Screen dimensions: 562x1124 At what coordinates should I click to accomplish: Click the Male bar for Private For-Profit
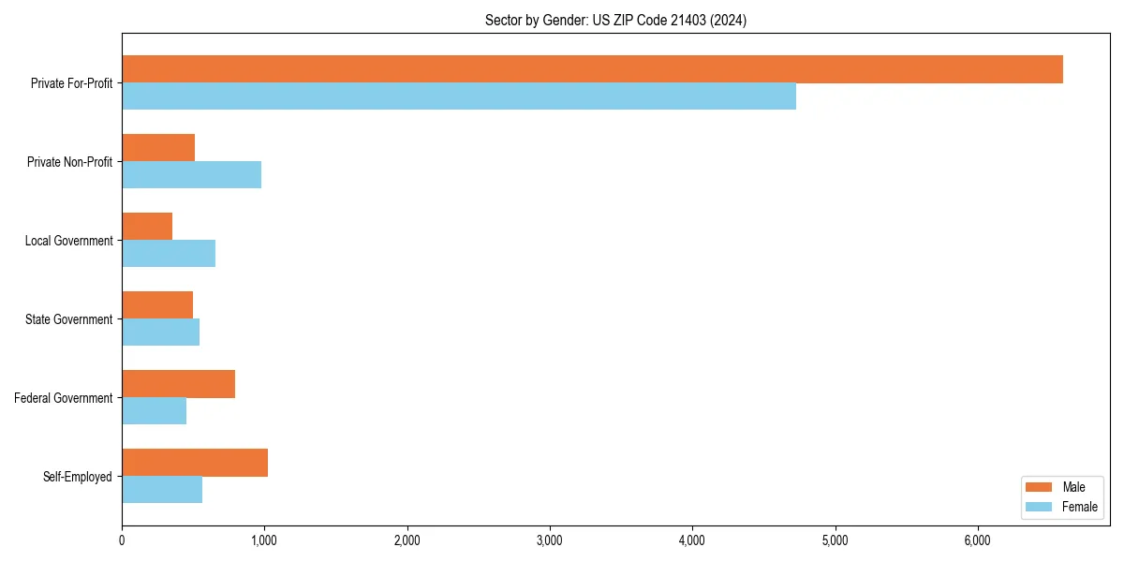pos(592,69)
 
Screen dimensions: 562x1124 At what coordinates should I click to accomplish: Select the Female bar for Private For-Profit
pos(459,96)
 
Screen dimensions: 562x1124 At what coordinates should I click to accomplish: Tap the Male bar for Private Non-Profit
pos(158,148)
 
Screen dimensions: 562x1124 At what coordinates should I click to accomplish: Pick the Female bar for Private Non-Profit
pos(191,175)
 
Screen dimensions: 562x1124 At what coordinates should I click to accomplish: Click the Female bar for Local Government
pos(169,254)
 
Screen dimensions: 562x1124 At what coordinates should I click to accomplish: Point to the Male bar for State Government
pos(157,305)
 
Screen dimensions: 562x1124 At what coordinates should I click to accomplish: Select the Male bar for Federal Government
pos(178,384)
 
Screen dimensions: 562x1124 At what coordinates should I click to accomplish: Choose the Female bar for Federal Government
pos(154,411)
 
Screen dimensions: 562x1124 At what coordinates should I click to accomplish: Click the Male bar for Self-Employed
pos(195,463)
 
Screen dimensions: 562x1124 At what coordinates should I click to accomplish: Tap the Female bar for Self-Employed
pos(162,490)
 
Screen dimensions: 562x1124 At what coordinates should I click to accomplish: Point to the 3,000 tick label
pos(550,540)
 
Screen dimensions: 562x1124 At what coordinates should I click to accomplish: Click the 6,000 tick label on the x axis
pos(977,540)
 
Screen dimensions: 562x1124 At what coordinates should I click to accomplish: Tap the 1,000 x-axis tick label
pos(264,540)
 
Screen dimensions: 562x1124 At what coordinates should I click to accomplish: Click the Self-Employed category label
pos(78,477)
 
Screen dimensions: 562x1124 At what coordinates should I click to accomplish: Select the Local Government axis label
pos(68,241)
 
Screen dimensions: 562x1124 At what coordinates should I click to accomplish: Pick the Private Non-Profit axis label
pos(69,162)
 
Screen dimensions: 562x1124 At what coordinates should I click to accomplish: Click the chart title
pos(615,20)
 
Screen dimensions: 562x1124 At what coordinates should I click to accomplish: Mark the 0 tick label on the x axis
pos(122,540)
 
